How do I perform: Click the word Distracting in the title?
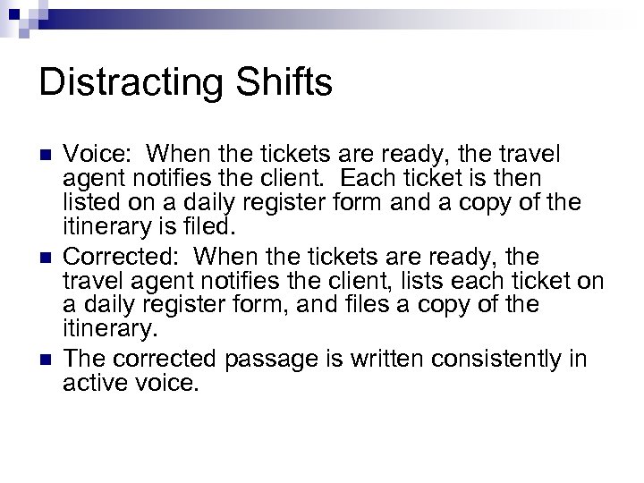(x=133, y=84)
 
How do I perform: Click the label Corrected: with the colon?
(x=124, y=258)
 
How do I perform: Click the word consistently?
(x=502, y=359)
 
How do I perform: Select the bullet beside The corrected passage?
(x=46, y=360)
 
